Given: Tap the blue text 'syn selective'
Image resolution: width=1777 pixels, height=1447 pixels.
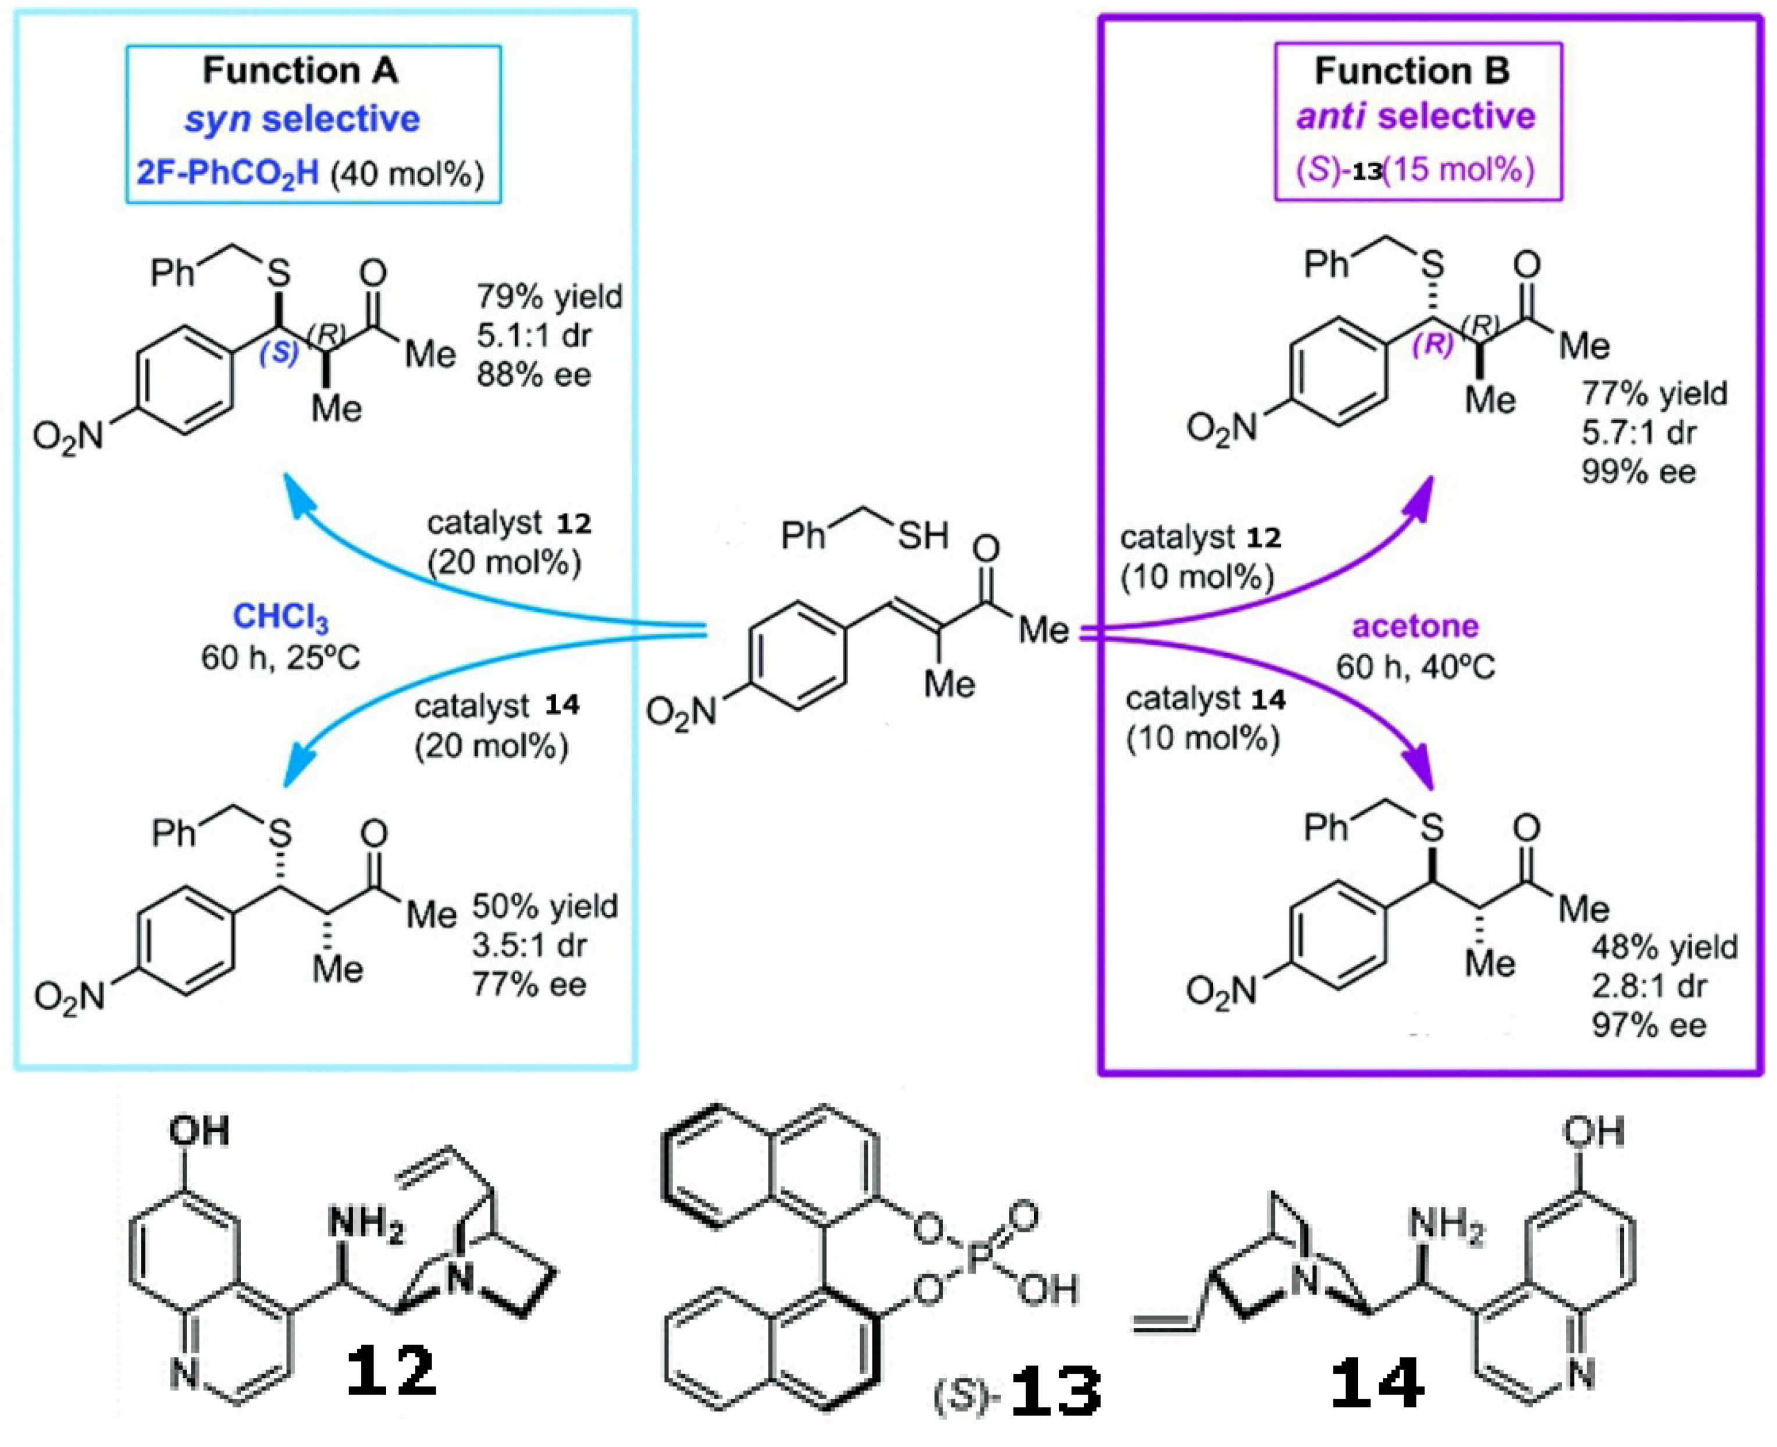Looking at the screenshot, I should (x=302, y=119).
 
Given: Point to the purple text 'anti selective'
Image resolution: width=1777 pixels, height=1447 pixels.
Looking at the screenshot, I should (x=1415, y=116).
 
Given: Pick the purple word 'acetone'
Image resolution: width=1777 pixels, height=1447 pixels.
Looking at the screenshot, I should (x=1415, y=626).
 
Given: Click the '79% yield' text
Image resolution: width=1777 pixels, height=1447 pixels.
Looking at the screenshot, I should (x=549, y=297).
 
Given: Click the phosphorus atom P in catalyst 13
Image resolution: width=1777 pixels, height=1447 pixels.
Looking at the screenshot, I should (x=980, y=1257).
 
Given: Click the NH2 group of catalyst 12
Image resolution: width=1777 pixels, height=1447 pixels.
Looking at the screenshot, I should (x=366, y=1224).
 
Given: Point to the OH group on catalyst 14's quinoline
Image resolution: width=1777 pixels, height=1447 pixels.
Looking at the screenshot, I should (x=1593, y=1132).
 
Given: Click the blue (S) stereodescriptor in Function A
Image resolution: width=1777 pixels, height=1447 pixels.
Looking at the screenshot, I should (x=279, y=352).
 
